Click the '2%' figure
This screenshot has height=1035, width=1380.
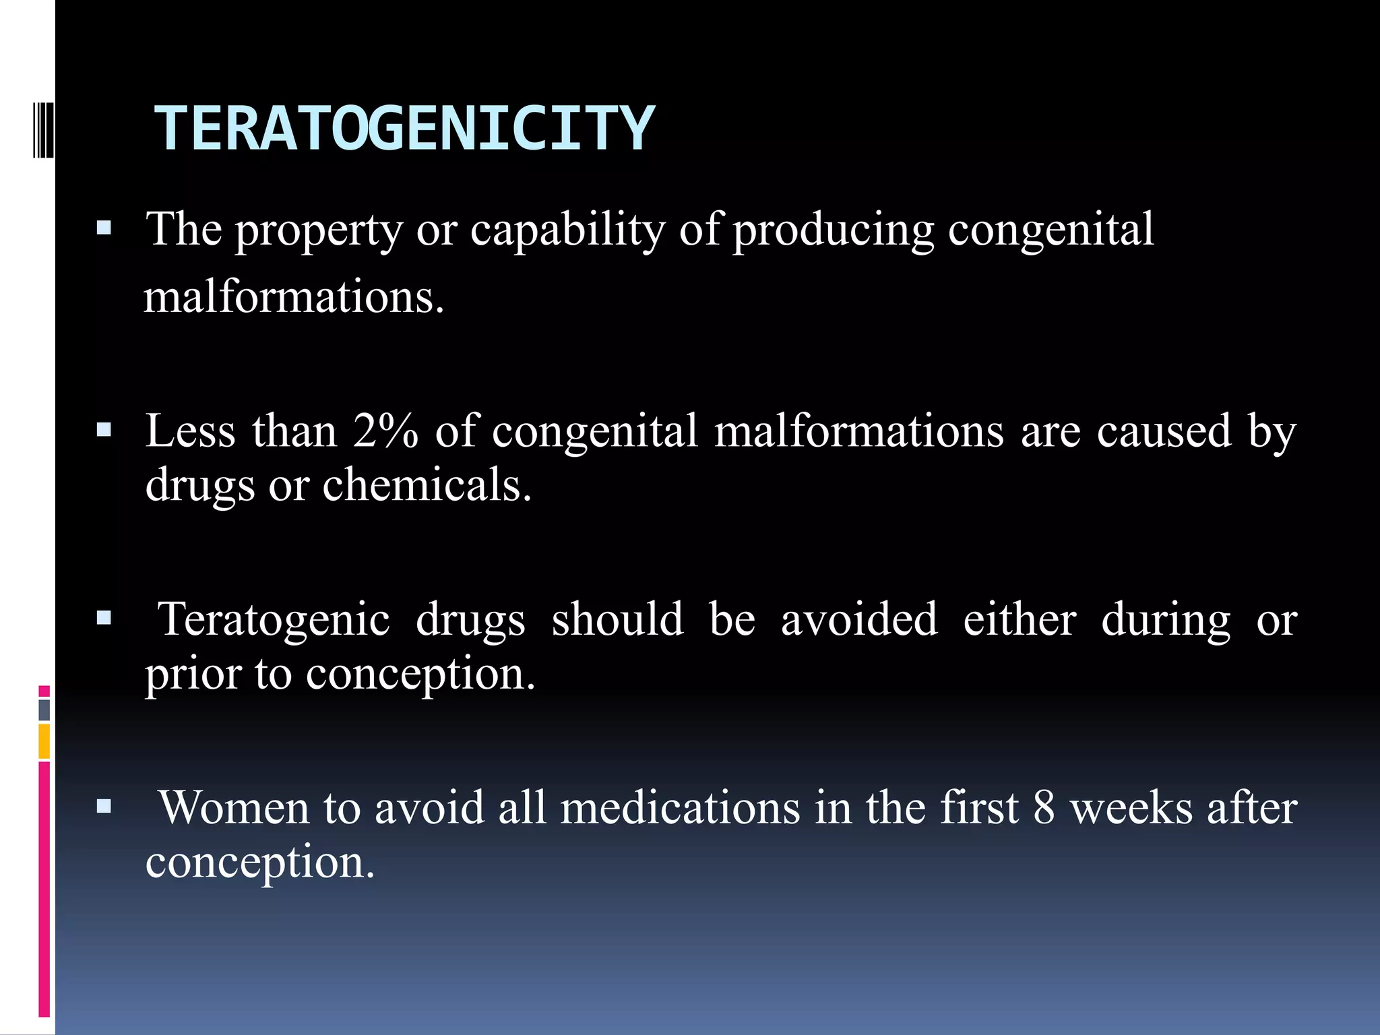[385, 431]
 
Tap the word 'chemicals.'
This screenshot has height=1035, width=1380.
[427, 485]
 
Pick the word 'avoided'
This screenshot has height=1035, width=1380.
[858, 620]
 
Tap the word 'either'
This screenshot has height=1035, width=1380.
[1019, 620]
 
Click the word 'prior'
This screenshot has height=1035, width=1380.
[193, 674]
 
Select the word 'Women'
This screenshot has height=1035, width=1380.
[234, 808]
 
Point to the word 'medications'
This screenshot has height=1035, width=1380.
[680, 808]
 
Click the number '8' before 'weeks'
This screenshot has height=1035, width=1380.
[1044, 808]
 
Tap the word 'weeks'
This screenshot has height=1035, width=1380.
[1131, 808]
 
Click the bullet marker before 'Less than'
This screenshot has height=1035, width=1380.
[104, 429]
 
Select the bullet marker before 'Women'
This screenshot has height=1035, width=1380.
[104, 806]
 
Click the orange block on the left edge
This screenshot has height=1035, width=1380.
[44, 741]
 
